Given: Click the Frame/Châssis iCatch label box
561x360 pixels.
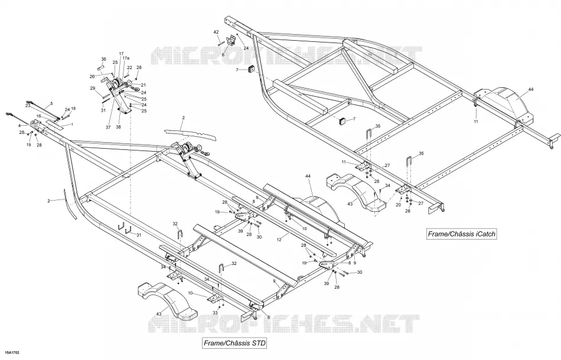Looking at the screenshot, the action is pyautogui.click(x=462, y=234).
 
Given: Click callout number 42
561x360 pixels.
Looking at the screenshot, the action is pyautogui.click(x=216, y=32).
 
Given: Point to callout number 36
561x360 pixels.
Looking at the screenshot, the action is pyautogui.click(x=104, y=59).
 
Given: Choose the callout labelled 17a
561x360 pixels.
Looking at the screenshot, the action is pyautogui.click(x=126, y=58).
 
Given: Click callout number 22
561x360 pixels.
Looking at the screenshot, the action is pyautogui.click(x=130, y=67).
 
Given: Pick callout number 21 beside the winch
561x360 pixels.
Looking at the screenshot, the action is pyautogui.click(x=143, y=85).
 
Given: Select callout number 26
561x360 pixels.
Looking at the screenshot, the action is pyautogui.click(x=92, y=76).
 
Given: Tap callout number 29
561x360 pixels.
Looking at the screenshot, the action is pyautogui.click(x=92, y=89).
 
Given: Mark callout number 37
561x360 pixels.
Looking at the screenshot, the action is pyautogui.click(x=109, y=127).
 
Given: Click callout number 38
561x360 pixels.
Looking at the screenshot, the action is pyautogui.click(x=119, y=127).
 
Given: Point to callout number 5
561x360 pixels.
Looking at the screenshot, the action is pyautogui.click(x=51, y=104).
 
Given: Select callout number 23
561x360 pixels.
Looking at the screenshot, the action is pyautogui.click(x=28, y=106).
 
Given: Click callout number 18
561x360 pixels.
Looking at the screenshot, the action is pyautogui.click(x=73, y=109).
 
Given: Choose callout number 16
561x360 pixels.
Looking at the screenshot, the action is pyautogui.click(x=38, y=116).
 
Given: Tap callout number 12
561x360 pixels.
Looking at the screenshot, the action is pyautogui.click(x=279, y=240).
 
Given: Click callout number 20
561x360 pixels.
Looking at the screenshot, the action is pyautogui.click(x=399, y=205).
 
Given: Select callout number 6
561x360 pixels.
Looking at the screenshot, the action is pyautogui.click(x=223, y=55).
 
